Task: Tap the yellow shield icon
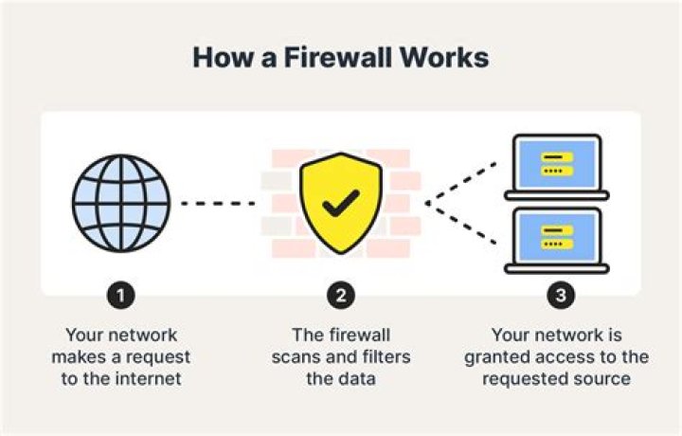pos(341,202)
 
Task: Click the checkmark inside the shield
pos(341,201)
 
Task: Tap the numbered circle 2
pos(341,296)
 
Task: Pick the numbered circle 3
pos(561,296)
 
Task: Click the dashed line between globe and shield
pos(218,203)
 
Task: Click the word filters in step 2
pos(385,356)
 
